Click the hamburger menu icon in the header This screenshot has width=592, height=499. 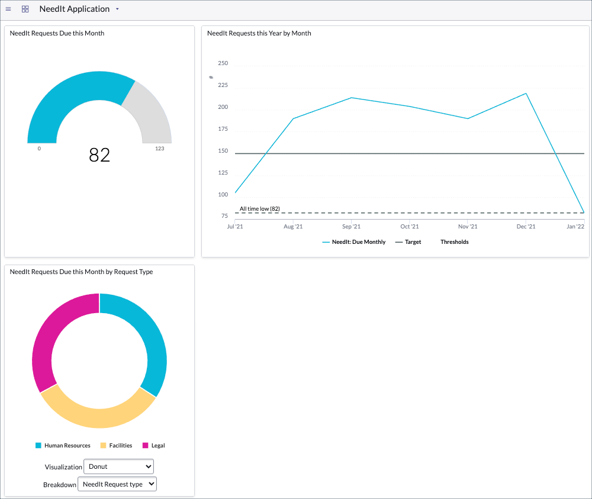[8, 9]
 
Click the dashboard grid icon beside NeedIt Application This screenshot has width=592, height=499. [25, 9]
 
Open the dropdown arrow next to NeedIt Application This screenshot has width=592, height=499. [117, 9]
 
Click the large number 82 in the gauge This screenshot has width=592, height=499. [99, 154]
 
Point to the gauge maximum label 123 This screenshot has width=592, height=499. [160, 149]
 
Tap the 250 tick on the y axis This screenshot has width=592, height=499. [223, 63]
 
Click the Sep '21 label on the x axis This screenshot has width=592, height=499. [351, 226]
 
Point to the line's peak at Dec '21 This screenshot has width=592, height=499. [526, 94]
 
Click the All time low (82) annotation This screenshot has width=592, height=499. [259, 209]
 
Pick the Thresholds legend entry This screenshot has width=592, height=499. [454, 242]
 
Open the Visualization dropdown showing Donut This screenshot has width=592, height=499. [118, 466]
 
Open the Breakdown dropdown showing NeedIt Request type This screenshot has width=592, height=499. [117, 484]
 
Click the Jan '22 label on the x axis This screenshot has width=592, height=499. [575, 226]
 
